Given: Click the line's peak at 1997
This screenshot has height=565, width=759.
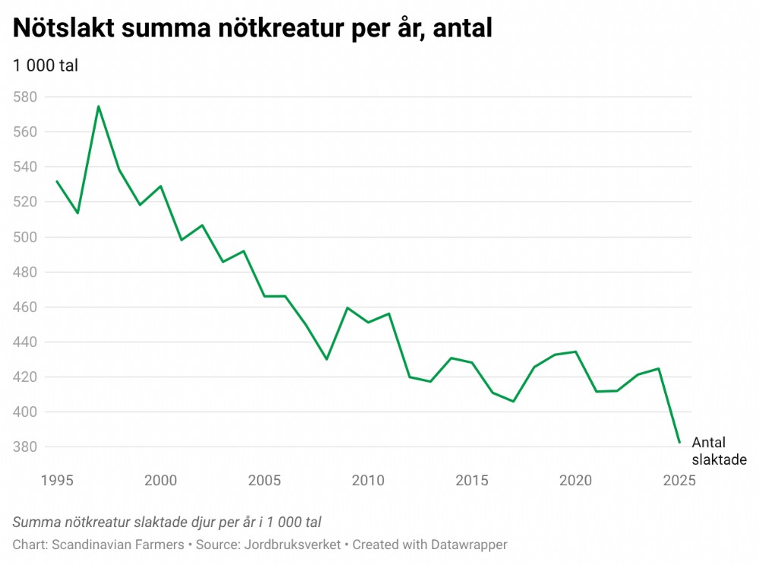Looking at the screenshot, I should [x=99, y=106].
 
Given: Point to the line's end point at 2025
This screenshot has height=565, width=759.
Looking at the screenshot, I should [x=680, y=442].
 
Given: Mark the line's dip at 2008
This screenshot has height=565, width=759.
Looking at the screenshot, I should [x=326, y=359].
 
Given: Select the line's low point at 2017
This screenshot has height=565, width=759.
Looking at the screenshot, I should [x=514, y=401].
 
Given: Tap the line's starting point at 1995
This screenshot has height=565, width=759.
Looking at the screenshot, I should [x=57, y=181].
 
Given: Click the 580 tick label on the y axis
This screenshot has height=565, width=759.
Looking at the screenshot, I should [x=25, y=97].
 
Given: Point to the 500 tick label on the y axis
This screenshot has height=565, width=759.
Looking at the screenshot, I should [x=25, y=237].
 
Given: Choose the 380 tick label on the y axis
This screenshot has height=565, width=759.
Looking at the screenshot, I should [x=25, y=447].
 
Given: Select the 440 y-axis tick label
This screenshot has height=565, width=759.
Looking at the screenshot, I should [x=25, y=342].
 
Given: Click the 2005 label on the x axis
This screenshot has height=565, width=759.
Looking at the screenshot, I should [x=264, y=480].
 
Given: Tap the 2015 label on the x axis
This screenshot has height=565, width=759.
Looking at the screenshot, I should [x=472, y=480].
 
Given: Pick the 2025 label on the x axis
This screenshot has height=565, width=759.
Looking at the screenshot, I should [x=679, y=480].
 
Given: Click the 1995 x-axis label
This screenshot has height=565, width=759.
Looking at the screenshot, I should [x=57, y=480].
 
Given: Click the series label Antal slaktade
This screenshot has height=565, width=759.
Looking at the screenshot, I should [x=719, y=451].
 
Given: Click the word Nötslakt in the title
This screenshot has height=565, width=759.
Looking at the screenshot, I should [x=62, y=29].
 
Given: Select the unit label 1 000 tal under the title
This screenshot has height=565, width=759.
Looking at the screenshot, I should [x=46, y=65].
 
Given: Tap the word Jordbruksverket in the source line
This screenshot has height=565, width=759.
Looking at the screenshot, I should [x=294, y=544].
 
